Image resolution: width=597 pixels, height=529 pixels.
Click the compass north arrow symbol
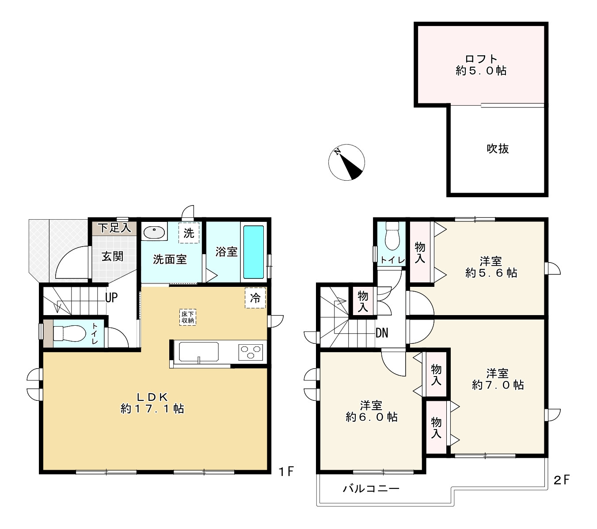[x=347, y=162]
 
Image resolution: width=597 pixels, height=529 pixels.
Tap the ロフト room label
[x=481, y=59]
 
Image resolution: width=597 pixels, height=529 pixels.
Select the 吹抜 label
[x=498, y=149]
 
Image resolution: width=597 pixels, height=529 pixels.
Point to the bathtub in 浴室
[x=253, y=252]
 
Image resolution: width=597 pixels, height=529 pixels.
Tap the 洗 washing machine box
[x=189, y=233]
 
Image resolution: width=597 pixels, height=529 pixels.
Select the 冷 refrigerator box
[x=255, y=298]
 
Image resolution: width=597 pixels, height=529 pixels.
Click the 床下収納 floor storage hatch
[x=188, y=317]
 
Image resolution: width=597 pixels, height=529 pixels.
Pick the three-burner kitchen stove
[x=251, y=352]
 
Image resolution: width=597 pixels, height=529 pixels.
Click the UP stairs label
[x=111, y=298]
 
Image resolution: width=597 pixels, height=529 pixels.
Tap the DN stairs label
[x=382, y=333]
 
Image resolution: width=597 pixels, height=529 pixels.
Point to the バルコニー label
[x=371, y=489]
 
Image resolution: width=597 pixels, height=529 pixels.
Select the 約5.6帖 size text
[x=491, y=273]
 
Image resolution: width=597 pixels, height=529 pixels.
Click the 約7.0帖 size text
[x=498, y=385]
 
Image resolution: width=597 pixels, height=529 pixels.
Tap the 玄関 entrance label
[x=113, y=256]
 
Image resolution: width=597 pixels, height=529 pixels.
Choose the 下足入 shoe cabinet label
[x=114, y=228]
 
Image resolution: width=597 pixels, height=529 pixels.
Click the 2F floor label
[x=562, y=480]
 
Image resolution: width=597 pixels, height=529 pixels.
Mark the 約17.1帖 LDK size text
[x=152, y=409]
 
